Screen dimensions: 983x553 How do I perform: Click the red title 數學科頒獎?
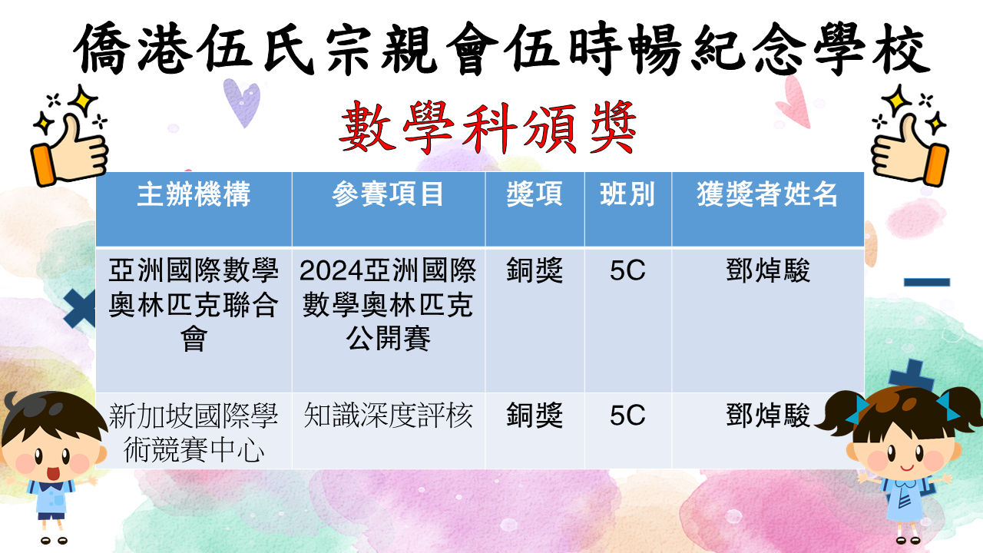coord(488,127)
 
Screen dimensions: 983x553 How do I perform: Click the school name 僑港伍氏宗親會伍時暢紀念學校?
coord(501,48)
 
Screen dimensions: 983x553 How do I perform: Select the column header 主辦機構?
coord(194,194)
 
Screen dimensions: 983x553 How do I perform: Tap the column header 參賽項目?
coord(388,194)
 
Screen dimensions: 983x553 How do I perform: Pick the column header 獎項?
coord(535,194)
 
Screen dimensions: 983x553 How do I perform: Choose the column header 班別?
coord(627,194)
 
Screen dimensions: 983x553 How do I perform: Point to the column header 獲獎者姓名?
coord(767,194)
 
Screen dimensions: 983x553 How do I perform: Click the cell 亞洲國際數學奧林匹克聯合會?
coord(194,304)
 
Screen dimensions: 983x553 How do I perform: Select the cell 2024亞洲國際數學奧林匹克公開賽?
coord(388,304)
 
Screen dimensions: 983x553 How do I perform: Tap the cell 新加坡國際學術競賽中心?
coord(194,432)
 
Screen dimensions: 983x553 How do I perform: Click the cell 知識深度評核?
coord(388,416)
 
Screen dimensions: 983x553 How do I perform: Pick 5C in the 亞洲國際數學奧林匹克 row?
coord(627,270)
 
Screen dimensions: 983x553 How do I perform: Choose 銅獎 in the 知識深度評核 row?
coord(535,416)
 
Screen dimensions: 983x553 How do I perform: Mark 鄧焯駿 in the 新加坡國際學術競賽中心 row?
coord(767,416)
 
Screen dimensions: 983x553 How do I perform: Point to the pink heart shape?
coord(793,102)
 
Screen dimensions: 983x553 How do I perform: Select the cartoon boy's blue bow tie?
coord(51,486)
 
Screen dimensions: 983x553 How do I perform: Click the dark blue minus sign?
coord(927,282)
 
